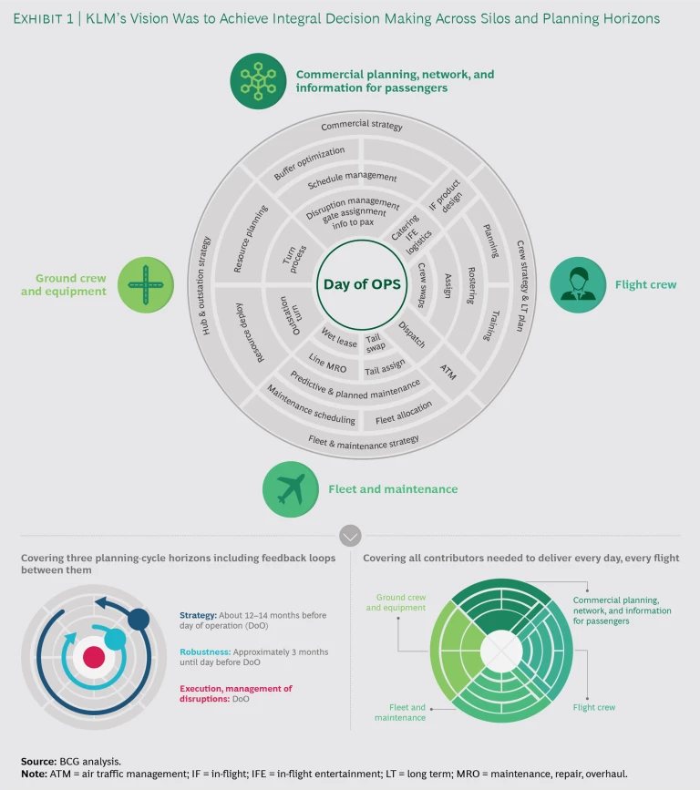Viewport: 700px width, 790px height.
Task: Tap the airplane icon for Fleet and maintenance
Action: pyautogui.click(x=291, y=489)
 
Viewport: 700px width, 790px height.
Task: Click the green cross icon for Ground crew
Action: pyautogui.click(x=144, y=284)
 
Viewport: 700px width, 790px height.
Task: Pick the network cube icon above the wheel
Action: pyautogui.click(x=258, y=79)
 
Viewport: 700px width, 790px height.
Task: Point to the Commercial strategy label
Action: pyautogui.click(x=362, y=126)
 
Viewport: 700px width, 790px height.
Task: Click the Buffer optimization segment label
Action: pyautogui.click(x=310, y=162)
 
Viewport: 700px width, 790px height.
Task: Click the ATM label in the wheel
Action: pyautogui.click(x=449, y=370)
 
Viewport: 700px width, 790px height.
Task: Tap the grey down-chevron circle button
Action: pyautogui.click(x=350, y=535)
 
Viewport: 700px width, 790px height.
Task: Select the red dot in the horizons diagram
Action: pyautogui.click(x=93, y=656)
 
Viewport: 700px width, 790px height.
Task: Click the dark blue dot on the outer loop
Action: pyautogui.click(x=139, y=620)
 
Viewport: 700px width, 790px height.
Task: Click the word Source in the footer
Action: pyautogui.click(x=37, y=759)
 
